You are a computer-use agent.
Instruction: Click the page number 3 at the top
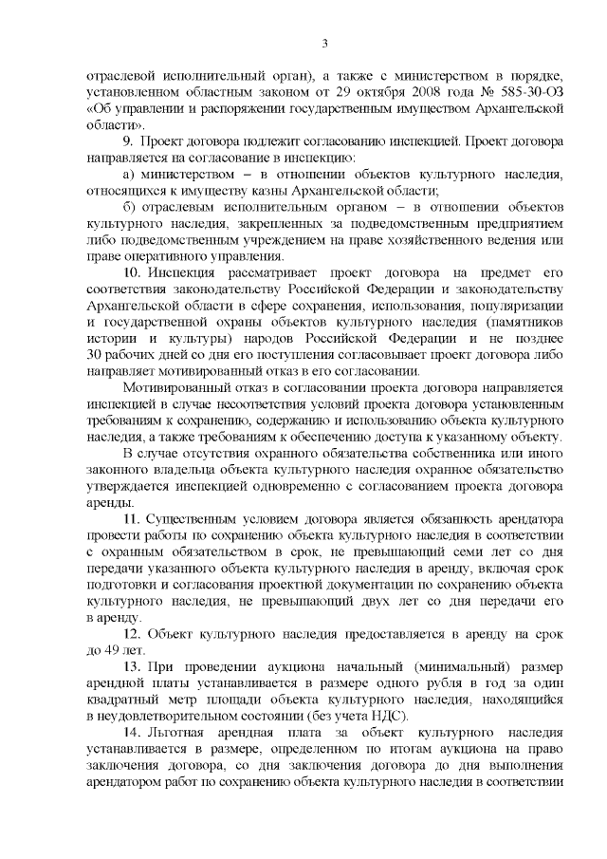(324, 42)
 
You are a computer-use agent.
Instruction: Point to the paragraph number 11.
(132, 519)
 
